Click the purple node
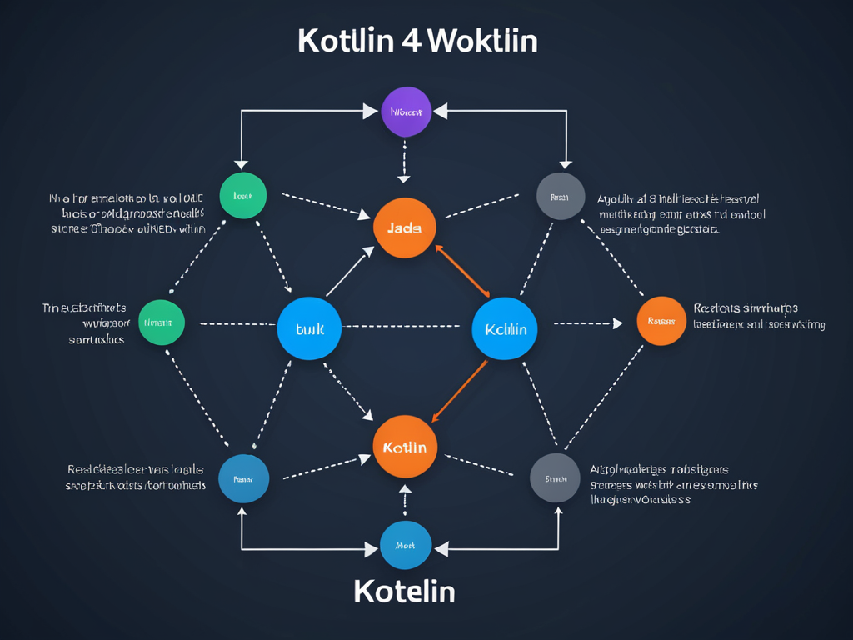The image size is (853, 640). coord(406,112)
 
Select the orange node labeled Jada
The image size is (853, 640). coord(405,227)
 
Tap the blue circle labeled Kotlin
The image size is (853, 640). coord(505,328)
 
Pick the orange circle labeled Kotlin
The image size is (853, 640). coord(405,447)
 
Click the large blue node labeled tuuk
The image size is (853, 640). coord(310,328)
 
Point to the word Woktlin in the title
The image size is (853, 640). coord(483,41)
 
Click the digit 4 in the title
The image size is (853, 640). coord(410,41)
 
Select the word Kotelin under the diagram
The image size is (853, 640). coord(404,591)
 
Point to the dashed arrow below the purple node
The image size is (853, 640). coord(404,160)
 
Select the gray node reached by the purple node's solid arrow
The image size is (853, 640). coord(561,197)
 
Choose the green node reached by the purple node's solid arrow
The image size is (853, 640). coord(242,196)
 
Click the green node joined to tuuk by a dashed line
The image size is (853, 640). coord(161,322)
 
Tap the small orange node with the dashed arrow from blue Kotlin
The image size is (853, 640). coord(661,321)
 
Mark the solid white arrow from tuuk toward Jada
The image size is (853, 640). coord(350,272)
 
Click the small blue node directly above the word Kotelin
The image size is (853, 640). coord(405,545)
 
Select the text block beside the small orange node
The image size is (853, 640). coord(759,316)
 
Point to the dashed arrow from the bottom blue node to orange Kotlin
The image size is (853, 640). coord(405,499)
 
